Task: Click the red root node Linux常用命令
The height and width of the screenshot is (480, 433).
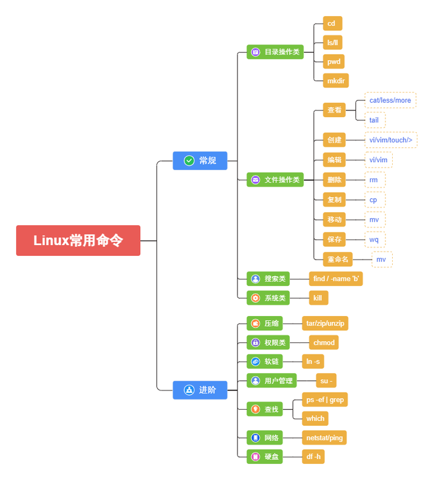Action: coord(78,240)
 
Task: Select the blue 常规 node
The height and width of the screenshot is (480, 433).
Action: coord(200,160)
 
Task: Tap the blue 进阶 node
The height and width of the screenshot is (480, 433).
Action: coord(200,390)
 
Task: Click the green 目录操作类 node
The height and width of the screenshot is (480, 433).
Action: coord(275,52)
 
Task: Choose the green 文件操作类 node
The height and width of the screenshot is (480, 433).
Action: coord(275,180)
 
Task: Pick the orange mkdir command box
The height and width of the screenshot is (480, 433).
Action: coord(336,81)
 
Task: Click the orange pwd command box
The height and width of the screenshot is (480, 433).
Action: coord(333,61)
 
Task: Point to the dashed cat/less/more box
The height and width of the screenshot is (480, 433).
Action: coord(390,100)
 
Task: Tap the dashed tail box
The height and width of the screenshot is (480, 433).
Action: coord(374,120)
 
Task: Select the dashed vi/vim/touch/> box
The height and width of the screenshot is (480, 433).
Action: coord(390,140)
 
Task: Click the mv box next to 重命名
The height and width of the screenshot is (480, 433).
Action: coord(381,260)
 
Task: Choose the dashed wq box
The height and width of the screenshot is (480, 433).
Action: coord(374,239)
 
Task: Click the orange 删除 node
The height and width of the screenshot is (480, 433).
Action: coord(334,180)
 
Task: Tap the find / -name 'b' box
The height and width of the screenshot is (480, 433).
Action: coord(336,279)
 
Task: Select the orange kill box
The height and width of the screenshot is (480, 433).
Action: coord(318,298)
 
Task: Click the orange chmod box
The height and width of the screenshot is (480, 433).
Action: coord(324,342)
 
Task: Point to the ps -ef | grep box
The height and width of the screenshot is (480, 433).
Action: coord(325,399)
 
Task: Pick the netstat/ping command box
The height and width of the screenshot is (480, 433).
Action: coord(324,438)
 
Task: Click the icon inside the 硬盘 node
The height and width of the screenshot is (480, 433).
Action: coord(256,457)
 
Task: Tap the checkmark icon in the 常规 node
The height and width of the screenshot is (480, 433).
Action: coord(189,160)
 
